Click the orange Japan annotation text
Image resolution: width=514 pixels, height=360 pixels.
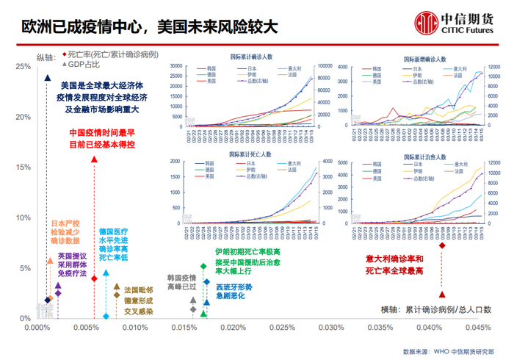[x=64, y=231]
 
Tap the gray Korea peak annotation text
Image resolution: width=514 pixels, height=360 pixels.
[x=181, y=283]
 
